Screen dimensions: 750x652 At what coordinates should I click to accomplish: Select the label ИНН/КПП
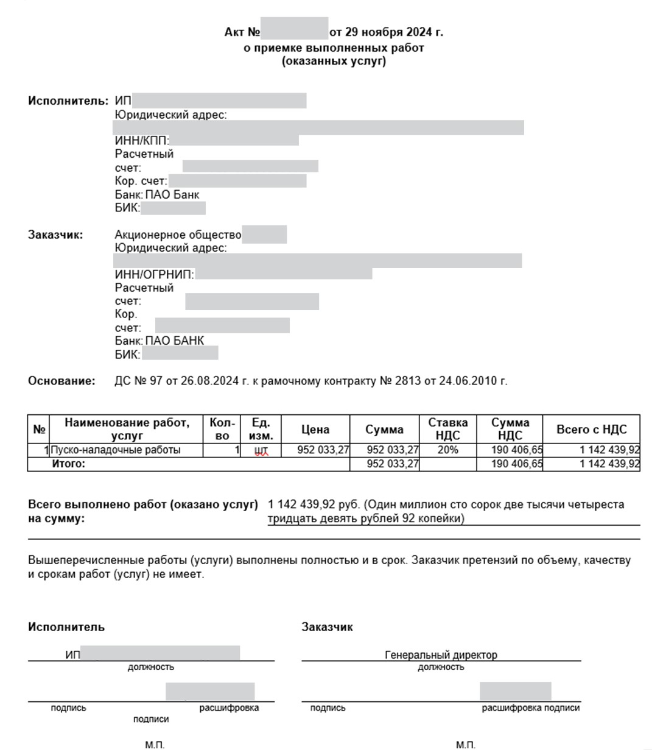click(142, 141)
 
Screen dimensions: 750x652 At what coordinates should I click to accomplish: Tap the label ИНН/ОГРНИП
click(154, 275)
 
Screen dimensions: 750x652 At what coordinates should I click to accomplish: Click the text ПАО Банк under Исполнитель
click(172, 195)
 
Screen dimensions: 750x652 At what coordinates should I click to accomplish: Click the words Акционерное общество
click(178, 235)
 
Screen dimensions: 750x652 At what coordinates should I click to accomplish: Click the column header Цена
click(315, 430)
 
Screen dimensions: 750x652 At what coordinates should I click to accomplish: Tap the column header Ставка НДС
click(448, 429)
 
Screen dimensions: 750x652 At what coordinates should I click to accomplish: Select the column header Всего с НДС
click(591, 430)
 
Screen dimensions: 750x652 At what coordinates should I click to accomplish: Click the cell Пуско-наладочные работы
click(116, 450)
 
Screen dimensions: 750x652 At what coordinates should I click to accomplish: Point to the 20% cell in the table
click(448, 450)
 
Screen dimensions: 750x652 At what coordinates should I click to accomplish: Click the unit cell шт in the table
click(261, 451)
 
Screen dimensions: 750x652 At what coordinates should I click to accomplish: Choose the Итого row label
click(69, 464)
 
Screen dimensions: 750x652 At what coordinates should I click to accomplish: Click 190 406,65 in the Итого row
click(516, 464)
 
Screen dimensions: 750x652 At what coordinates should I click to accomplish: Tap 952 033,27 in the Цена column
click(323, 450)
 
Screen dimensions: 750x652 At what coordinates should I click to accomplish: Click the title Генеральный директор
click(441, 655)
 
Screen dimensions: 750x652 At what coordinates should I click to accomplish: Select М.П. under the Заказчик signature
click(465, 745)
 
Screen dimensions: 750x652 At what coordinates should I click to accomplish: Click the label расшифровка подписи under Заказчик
click(530, 708)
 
